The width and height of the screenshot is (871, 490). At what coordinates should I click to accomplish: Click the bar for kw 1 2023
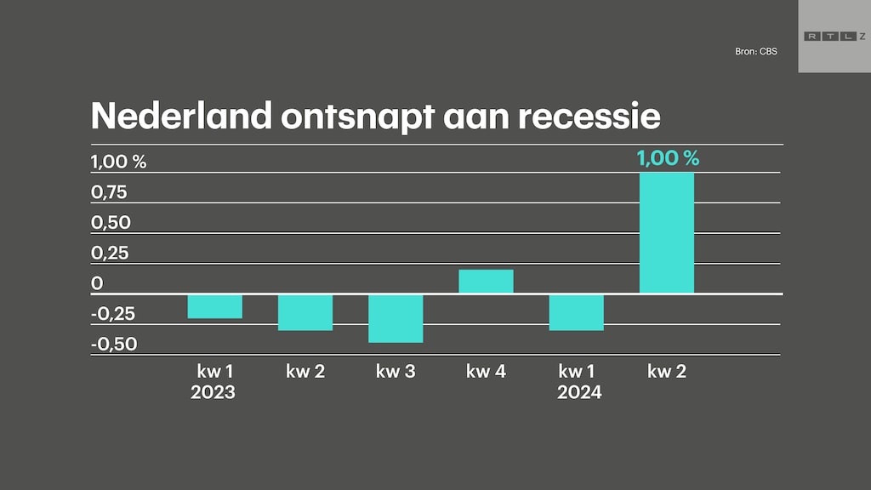tap(215, 306)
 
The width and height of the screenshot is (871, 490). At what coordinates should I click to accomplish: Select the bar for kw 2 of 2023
tap(305, 312)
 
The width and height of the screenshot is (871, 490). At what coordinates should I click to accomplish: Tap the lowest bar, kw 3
tap(396, 318)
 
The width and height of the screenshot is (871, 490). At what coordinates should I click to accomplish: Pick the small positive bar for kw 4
tap(486, 282)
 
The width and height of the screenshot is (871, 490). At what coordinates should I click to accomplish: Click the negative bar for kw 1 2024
tap(577, 312)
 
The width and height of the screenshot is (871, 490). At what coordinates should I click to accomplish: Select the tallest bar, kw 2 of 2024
tap(667, 233)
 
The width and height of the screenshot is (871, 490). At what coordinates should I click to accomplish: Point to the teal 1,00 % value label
tap(668, 157)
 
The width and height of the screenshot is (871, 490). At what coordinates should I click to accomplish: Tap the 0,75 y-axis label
tap(109, 192)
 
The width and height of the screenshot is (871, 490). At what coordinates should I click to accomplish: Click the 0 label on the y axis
tap(97, 283)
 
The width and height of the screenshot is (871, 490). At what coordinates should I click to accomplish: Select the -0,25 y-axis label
tap(113, 314)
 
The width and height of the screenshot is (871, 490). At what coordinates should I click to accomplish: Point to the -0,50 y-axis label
tap(113, 345)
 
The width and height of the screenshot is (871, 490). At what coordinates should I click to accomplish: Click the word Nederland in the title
tap(180, 116)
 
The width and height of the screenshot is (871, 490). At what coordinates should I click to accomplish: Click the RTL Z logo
tap(833, 36)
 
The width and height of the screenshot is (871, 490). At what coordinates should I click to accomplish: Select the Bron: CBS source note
tap(755, 52)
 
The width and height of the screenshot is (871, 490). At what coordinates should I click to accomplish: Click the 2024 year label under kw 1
tap(579, 393)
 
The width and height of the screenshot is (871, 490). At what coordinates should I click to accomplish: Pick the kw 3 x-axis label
tap(396, 372)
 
